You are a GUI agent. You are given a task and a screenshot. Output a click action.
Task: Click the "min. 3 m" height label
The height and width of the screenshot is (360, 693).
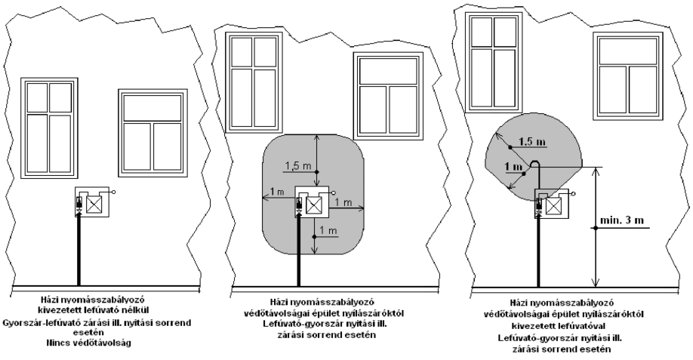[x=622, y=220]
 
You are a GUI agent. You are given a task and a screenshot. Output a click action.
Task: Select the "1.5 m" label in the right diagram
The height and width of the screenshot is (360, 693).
[x=532, y=141]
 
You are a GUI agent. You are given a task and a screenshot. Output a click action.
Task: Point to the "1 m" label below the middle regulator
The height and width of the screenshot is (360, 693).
[x=328, y=231]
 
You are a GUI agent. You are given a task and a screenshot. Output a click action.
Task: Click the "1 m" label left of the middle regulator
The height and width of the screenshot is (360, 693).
[x=278, y=191]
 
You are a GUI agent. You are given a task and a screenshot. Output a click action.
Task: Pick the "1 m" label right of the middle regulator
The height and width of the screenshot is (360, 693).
[x=343, y=202]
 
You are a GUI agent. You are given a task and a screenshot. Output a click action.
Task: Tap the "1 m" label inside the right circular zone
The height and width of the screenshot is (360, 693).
[x=513, y=167]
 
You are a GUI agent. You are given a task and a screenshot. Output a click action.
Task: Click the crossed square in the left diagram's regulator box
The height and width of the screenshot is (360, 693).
[x=94, y=205]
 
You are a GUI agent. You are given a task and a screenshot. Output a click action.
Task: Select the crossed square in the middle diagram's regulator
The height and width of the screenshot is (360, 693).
[x=314, y=205]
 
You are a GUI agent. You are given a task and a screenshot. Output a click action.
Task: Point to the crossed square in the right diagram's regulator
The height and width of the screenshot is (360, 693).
[x=554, y=206]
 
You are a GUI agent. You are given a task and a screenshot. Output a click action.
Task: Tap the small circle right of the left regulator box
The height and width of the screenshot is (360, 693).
[x=114, y=192]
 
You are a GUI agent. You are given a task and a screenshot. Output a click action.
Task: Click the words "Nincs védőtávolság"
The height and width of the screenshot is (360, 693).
[x=89, y=343]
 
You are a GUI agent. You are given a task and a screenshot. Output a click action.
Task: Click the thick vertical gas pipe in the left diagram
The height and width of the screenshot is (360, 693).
[x=79, y=250]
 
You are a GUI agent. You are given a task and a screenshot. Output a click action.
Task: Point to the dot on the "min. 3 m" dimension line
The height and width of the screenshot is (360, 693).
[x=596, y=228]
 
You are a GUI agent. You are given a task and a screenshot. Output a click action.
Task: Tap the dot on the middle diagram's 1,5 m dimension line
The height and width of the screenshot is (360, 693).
[x=315, y=172]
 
